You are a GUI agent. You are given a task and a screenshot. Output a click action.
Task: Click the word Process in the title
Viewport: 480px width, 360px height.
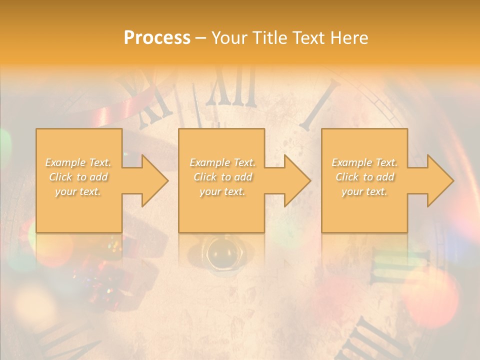pos(157,37)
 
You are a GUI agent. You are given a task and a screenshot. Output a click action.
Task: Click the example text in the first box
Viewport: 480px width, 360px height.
pos(78,177)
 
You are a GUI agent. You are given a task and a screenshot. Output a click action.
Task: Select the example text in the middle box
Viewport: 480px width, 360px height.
pos(222,177)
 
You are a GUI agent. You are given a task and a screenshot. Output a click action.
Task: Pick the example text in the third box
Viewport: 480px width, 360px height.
pos(364,177)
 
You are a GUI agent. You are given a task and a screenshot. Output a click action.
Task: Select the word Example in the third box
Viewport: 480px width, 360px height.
pos(351,162)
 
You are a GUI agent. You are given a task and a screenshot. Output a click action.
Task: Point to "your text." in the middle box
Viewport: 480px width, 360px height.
pos(222,191)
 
